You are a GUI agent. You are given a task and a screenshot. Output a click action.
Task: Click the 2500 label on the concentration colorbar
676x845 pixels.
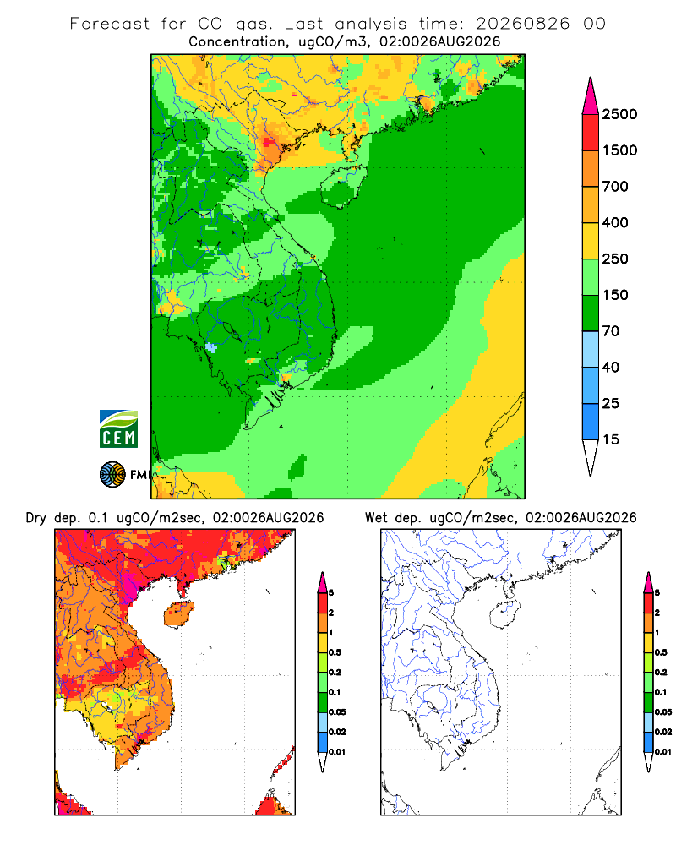[x=619, y=114]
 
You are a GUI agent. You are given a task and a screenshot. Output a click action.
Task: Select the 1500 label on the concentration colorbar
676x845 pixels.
[x=619, y=150]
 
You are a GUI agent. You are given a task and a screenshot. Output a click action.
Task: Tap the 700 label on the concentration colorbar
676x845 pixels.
[x=615, y=187]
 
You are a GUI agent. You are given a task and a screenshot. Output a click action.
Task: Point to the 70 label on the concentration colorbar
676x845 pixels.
[x=611, y=331]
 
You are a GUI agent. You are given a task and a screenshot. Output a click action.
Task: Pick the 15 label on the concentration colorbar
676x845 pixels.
[x=611, y=439]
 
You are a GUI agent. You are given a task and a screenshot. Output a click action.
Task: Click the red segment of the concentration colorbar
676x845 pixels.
[x=591, y=133]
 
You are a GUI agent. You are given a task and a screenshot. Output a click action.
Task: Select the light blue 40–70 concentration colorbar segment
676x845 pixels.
[x=591, y=349]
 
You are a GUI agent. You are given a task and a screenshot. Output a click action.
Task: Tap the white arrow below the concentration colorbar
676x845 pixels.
[x=591, y=457]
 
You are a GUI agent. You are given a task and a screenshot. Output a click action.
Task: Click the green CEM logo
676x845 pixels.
[x=118, y=429]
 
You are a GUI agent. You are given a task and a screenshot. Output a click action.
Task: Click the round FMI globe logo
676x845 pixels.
[x=112, y=475]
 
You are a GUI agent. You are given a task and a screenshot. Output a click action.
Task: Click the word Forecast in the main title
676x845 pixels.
[x=110, y=24]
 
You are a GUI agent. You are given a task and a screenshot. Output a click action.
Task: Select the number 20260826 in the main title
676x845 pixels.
[x=522, y=24]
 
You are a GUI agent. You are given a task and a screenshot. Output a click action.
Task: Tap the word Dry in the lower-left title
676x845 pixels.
[x=36, y=518]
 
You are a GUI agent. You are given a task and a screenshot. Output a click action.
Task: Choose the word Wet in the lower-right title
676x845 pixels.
[x=376, y=518]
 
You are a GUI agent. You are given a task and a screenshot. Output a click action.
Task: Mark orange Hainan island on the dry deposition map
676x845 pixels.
[x=178, y=615]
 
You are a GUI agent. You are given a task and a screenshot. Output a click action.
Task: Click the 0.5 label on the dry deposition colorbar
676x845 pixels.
[x=335, y=652]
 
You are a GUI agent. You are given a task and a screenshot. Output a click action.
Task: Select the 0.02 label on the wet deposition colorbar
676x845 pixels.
[x=663, y=732]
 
